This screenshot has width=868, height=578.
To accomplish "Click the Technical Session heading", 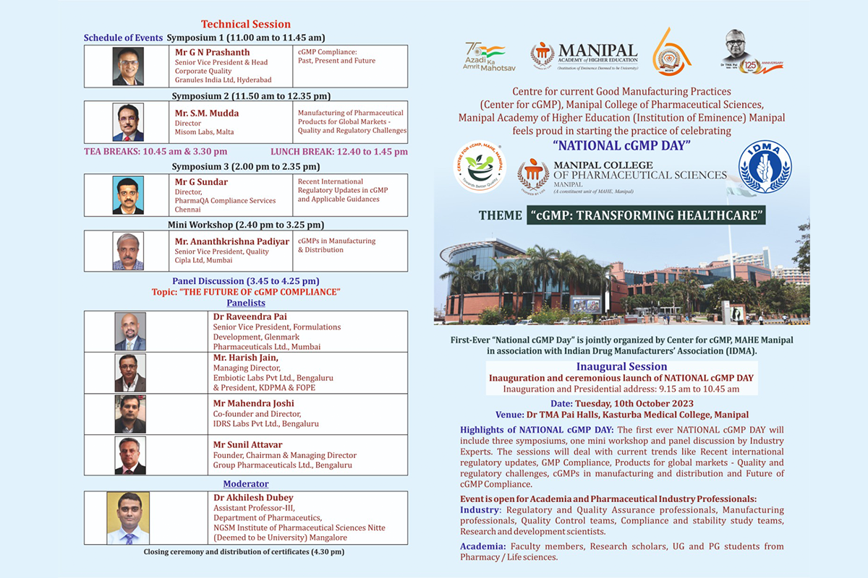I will tap(246, 24).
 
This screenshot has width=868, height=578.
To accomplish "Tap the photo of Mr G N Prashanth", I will tap(128, 66).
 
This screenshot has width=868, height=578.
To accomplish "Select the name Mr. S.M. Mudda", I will tap(207, 113).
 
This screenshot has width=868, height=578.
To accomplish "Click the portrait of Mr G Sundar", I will tap(128, 195).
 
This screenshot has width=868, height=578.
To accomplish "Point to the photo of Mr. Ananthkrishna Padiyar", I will tap(128, 251).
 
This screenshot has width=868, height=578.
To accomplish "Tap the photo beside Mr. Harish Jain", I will tap(130, 373).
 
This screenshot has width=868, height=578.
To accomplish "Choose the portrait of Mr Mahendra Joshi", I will tap(130, 414).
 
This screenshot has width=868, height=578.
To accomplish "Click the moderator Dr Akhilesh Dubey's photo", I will tap(128, 518).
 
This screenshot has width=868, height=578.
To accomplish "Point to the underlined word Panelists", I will tap(246, 303).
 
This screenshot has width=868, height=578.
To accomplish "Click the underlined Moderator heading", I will tap(246, 483).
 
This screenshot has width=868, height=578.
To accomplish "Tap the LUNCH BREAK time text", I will tap(339, 152).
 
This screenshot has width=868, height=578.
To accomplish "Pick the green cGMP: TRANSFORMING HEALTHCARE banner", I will tap(645, 215).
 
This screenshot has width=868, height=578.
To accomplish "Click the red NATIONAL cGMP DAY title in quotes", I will tap(621, 143).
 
